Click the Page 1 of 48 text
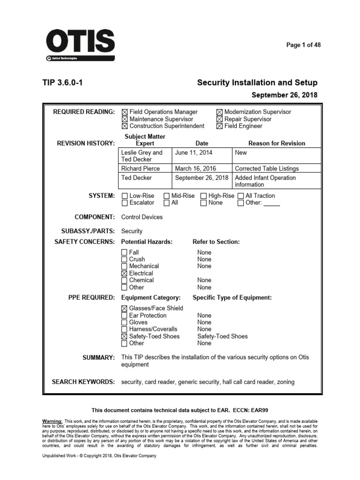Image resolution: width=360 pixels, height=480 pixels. pos(304,45)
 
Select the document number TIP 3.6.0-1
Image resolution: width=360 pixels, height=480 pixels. pos(63,83)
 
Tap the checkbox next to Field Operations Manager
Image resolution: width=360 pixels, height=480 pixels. pos(124,112)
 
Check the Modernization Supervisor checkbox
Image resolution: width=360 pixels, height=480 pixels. pos(219,112)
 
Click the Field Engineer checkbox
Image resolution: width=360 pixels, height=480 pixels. pos(219,126)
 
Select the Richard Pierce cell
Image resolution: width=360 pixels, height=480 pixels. pos(141,168)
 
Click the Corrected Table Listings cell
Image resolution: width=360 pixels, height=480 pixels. pos(267,168)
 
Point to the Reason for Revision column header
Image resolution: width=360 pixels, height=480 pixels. pos(277,143)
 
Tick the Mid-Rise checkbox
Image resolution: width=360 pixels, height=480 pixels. pos(167,196)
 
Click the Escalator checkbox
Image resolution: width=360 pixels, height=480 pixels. pos(124,203)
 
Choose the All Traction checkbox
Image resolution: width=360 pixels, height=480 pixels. pos(241,196)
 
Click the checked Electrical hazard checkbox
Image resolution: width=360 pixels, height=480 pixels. pos(124,273)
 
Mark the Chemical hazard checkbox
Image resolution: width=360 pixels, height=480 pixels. pos(124,280)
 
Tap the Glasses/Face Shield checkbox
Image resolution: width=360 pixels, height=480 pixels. pos(124,308)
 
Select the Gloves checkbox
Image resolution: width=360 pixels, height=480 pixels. pos(124,322)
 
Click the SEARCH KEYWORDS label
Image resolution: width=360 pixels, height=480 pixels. pos(83,382)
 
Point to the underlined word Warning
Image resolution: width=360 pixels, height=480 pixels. pos(52,421)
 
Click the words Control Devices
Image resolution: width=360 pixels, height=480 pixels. pos(142,217)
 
